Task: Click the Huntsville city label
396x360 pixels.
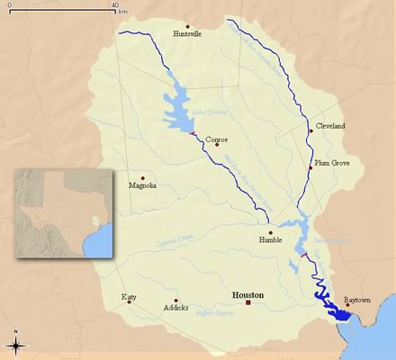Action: (186, 34)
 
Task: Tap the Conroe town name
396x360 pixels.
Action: (217, 139)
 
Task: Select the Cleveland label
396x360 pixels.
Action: (331, 127)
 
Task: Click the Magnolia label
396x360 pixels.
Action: (142, 185)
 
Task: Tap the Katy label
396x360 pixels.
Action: (130, 295)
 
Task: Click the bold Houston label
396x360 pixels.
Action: (249, 294)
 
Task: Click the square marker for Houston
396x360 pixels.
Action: (249, 303)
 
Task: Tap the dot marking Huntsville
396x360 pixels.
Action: (187, 26)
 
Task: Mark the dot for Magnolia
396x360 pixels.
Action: (142, 177)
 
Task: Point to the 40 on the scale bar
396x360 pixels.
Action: (115, 5)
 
